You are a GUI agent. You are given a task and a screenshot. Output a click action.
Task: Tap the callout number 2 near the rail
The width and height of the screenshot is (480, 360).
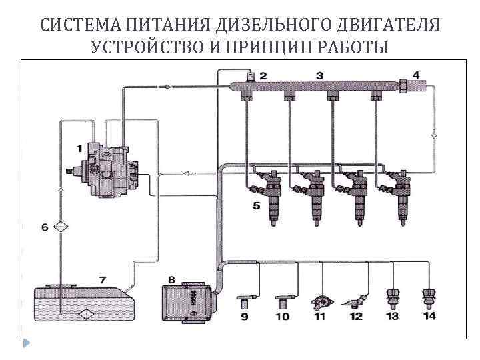pyautogui.click(x=263, y=76)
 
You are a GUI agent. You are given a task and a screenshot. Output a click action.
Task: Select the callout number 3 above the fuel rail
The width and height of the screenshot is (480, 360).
pyautogui.click(x=319, y=75)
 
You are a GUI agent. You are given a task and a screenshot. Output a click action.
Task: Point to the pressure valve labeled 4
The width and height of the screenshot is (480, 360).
pyautogui.click(x=404, y=86)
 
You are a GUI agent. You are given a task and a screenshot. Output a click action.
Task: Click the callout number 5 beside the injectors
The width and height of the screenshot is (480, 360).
pyautogui.click(x=256, y=206)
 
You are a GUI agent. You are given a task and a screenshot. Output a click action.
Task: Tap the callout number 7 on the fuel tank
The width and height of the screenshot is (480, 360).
pyautogui.click(x=102, y=279)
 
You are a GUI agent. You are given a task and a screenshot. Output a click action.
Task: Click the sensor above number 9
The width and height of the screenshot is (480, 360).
pyautogui.click(x=245, y=299)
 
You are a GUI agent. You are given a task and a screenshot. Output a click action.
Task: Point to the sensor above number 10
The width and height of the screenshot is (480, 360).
pyautogui.click(x=282, y=299)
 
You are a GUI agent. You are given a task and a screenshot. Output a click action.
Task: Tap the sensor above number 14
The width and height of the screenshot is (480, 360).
pyautogui.click(x=429, y=296)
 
